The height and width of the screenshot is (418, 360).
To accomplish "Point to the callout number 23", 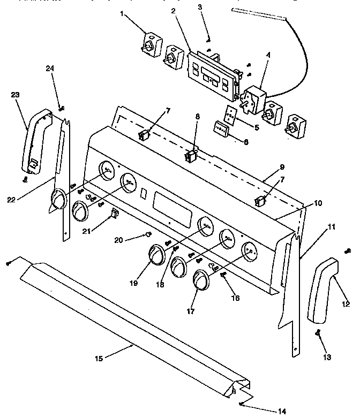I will tap(15, 95).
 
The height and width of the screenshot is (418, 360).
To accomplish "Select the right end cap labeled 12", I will tap(321, 292).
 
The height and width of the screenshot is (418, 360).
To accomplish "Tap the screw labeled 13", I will tap(318, 333).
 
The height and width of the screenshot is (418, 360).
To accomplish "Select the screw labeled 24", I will tap(61, 109).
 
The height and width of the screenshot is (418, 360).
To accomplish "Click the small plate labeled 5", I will tap(231, 114).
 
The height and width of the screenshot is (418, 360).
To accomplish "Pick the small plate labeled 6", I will tap(221, 130).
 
